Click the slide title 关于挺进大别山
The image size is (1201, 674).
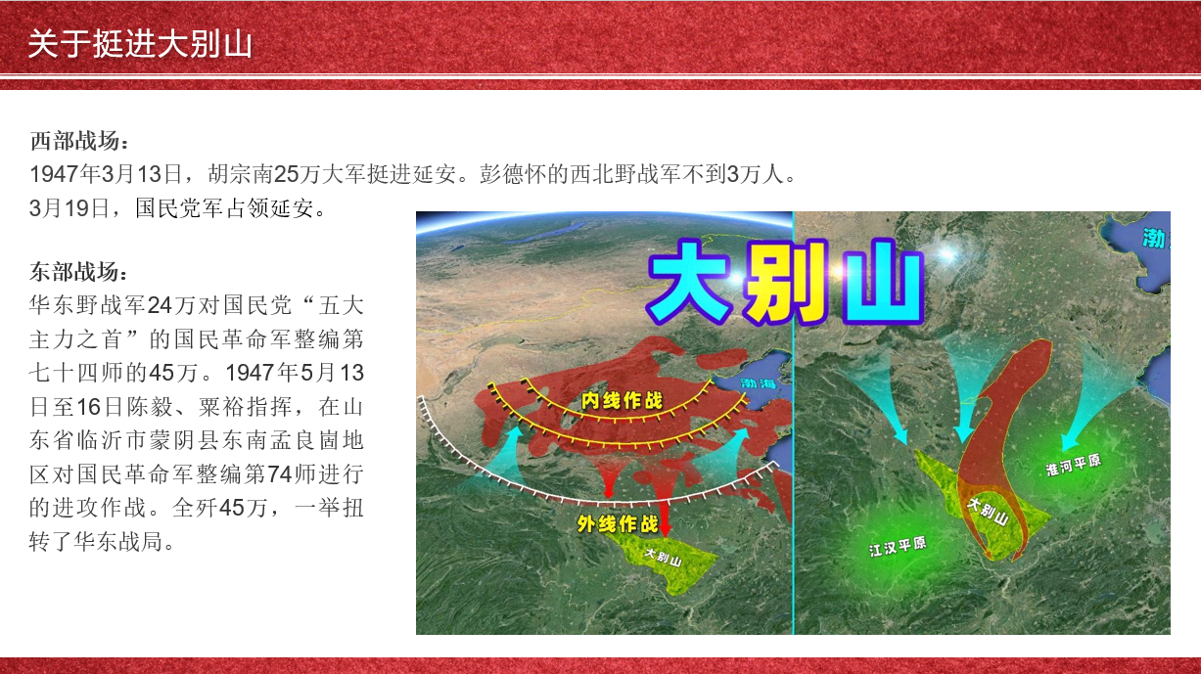(x=140, y=43)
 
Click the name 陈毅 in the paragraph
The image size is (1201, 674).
(x=150, y=407)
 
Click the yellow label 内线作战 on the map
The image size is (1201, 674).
(x=622, y=401)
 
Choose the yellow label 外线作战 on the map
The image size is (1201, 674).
(x=618, y=524)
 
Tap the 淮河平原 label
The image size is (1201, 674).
(x=1074, y=465)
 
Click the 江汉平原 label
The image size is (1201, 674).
(x=898, y=547)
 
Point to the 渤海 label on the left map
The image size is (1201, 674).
(x=759, y=383)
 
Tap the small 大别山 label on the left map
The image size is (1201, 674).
(x=664, y=558)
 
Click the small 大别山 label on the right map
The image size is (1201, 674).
(x=989, y=512)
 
